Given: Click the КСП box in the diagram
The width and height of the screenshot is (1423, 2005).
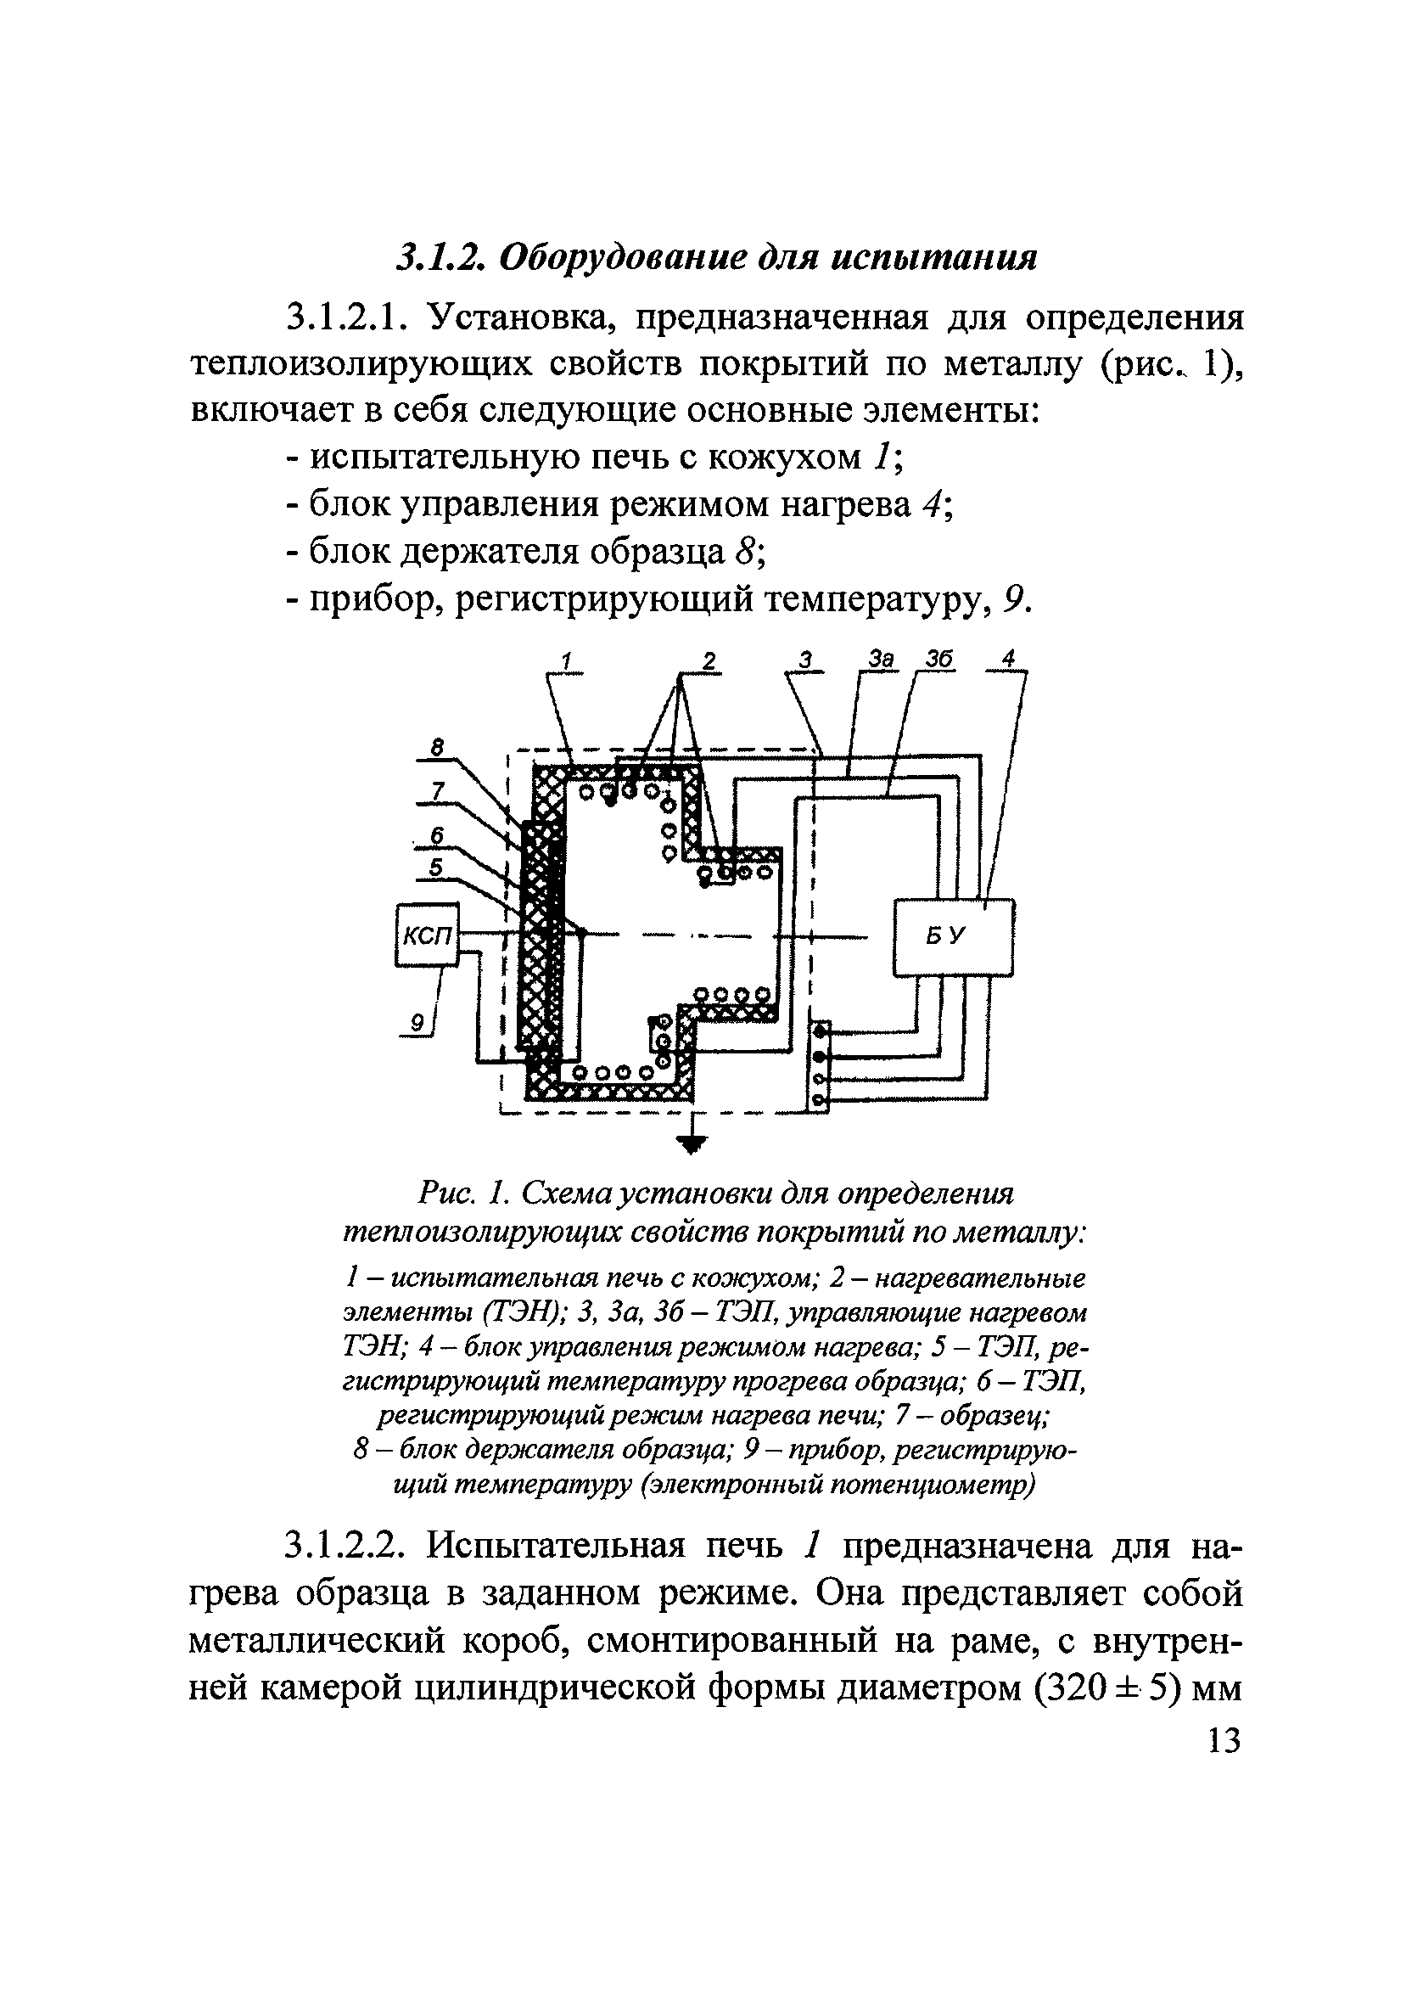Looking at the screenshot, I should (x=427, y=935).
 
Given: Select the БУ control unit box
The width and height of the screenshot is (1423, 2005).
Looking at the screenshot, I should (x=954, y=937).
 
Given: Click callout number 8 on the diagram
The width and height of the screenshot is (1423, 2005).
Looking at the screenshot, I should (x=437, y=747).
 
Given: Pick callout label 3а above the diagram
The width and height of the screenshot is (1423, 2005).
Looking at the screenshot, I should (x=882, y=659).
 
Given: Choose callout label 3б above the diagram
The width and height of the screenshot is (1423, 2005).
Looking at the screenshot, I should (x=938, y=659).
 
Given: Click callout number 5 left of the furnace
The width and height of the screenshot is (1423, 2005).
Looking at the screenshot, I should (x=435, y=867).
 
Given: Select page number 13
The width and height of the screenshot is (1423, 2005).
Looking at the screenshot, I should (x=1224, y=1739).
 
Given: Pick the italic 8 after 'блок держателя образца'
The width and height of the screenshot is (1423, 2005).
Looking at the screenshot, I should (x=745, y=551).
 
